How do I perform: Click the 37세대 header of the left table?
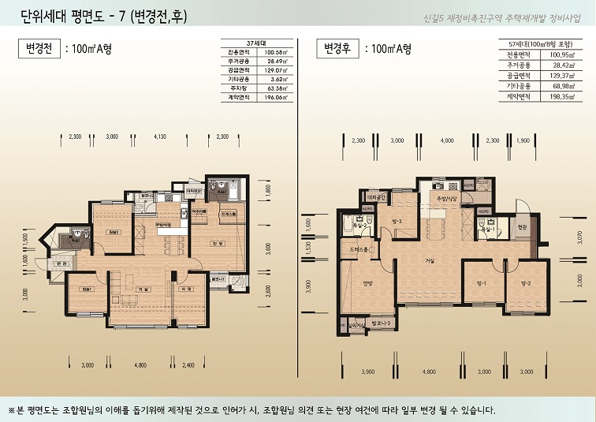[x=254, y=43]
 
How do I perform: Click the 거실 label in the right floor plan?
[x=430, y=261]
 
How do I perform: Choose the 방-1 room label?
[x=481, y=282]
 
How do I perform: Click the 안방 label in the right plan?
[x=366, y=286]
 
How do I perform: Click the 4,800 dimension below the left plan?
[x=140, y=365]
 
